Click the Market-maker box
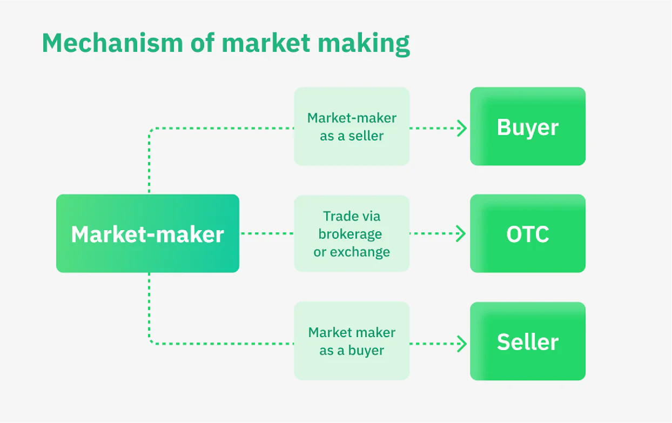tap(147, 233)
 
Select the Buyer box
tap(527, 126)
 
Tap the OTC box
tap(527, 233)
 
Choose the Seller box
tap(527, 341)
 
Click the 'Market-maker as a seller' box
tap(352, 126)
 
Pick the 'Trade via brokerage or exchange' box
tap(352, 233)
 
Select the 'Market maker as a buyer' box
tap(352, 341)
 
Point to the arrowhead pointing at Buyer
tap(462, 129)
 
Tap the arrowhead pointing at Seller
tap(462, 343)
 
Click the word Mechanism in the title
tap(112, 43)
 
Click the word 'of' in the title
tap(202, 43)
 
